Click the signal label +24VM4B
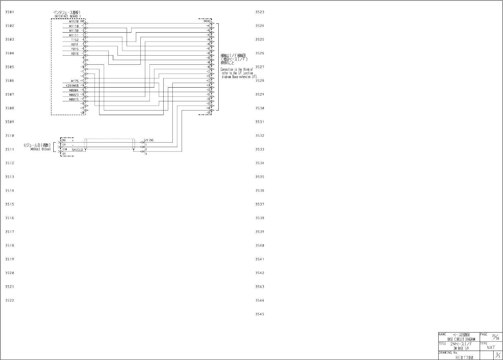72,86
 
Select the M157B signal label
74,22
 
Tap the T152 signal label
75,40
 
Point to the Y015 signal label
75,49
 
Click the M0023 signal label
74,95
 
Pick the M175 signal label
75,81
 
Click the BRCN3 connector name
207,21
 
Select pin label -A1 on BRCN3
209,25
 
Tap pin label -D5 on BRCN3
209,112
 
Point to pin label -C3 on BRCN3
209,80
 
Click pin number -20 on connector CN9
83,112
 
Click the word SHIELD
77,150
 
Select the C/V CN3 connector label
149,140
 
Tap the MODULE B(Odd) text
41,149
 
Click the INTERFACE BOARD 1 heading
68,16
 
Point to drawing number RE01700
464,357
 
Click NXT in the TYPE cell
491,348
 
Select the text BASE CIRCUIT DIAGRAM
461,339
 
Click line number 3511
10,150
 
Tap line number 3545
260,314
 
